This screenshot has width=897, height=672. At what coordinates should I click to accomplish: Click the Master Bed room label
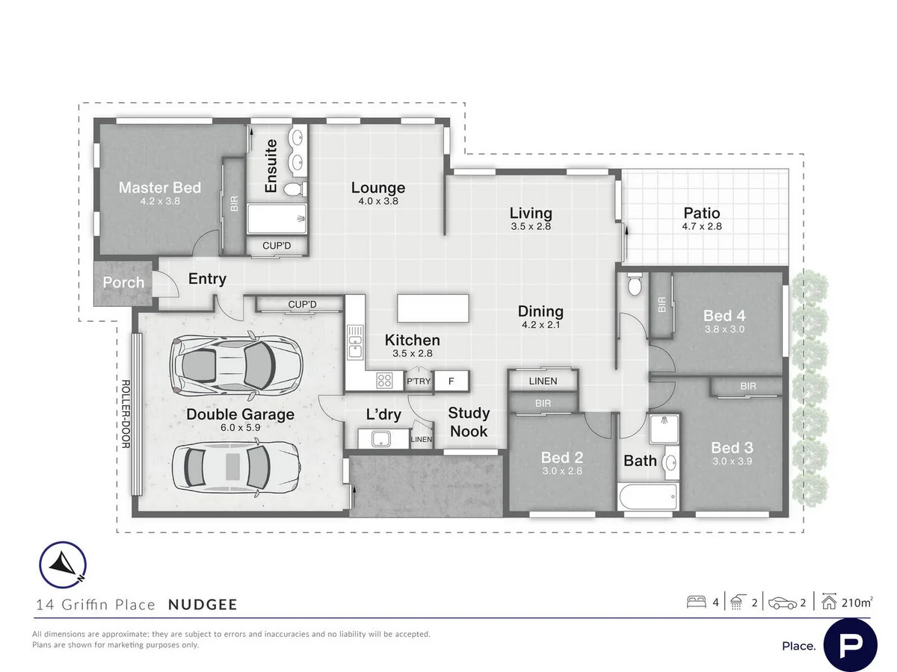click(x=160, y=187)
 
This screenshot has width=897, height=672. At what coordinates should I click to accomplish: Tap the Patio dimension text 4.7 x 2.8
click(x=702, y=226)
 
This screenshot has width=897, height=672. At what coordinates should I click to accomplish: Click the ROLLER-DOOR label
click(x=125, y=417)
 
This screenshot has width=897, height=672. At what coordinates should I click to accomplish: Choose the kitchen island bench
click(x=434, y=308)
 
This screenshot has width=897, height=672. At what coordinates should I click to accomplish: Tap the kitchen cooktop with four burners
click(x=385, y=380)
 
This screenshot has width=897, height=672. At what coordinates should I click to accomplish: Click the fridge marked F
click(x=451, y=381)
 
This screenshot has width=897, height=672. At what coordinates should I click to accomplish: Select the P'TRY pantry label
click(x=418, y=382)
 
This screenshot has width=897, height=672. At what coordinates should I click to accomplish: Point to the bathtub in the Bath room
click(x=648, y=497)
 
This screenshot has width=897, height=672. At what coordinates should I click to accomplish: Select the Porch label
click(x=123, y=283)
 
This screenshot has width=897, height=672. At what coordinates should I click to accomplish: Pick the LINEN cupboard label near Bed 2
click(x=543, y=381)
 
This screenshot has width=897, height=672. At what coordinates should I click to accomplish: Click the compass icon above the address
click(x=63, y=565)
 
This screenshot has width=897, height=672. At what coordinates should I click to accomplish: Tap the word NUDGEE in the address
click(x=203, y=605)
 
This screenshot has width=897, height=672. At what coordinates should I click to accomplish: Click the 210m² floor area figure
click(x=857, y=603)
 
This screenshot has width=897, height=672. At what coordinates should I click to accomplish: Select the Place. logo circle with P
click(x=851, y=644)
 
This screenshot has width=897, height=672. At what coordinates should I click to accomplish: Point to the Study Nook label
click(x=469, y=422)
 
